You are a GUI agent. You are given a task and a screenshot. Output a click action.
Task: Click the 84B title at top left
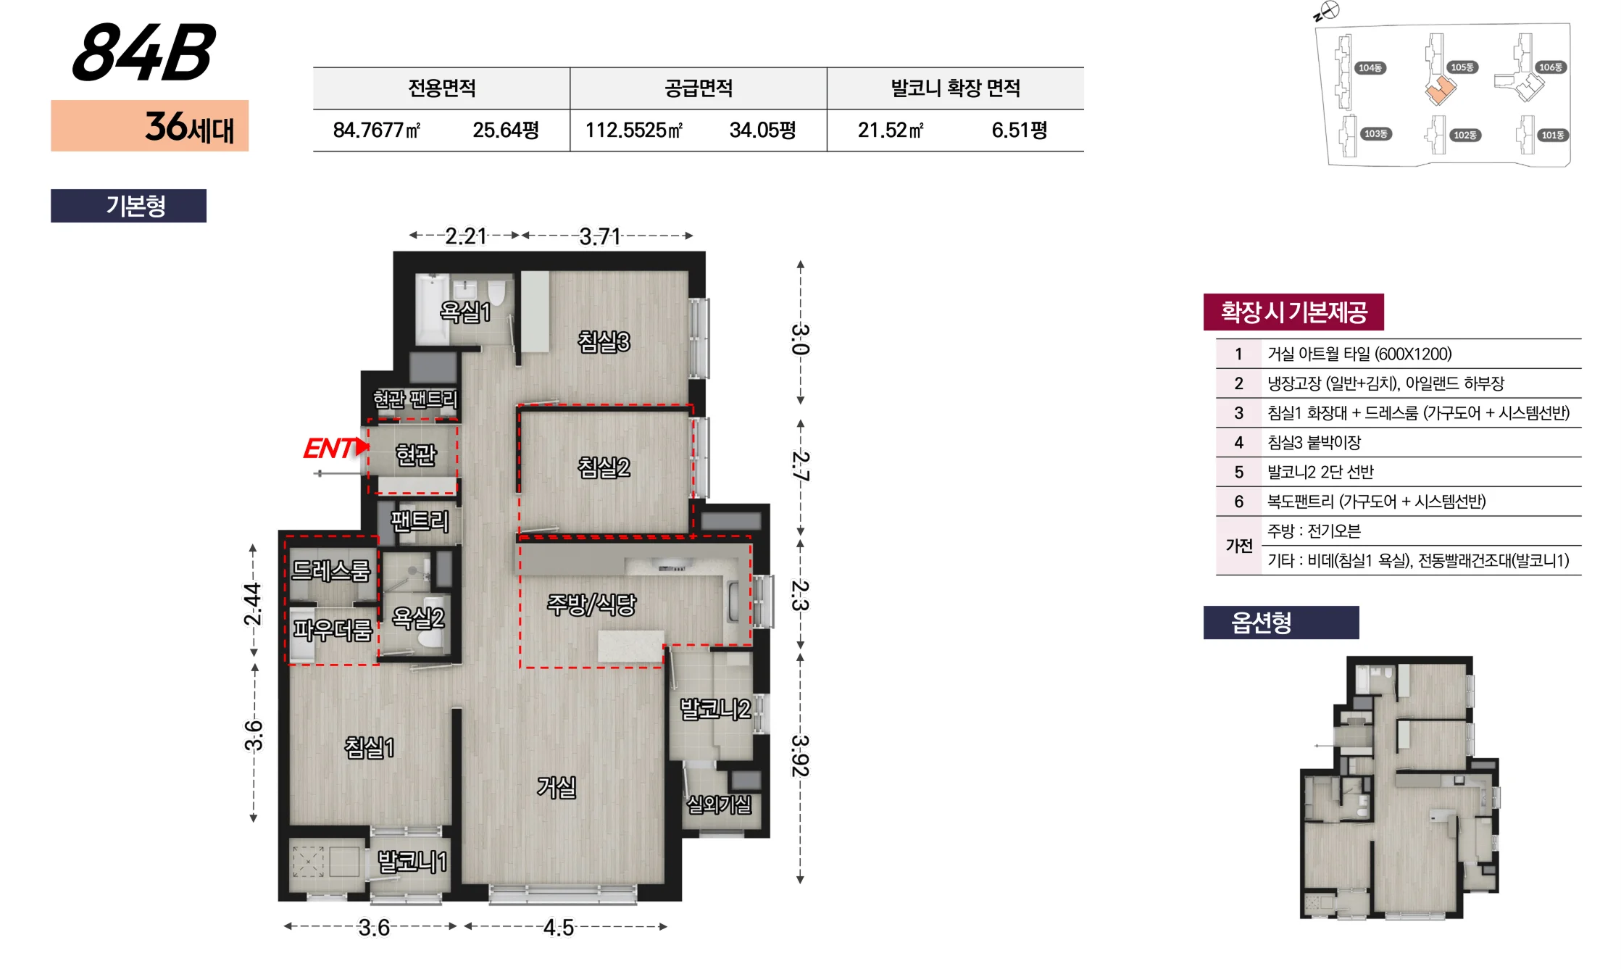(x=143, y=52)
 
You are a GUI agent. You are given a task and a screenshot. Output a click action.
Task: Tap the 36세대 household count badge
(x=149, y=126)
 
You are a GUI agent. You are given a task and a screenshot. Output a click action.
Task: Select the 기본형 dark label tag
(x=128, y=206)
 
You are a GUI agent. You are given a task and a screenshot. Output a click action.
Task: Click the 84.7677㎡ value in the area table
(x=377, y=130)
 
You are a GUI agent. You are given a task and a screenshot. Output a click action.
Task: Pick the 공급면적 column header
(x=699, y=88)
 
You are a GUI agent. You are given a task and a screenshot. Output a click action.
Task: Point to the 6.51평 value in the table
(x=1020, y=130)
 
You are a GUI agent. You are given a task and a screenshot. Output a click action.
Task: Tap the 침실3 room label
(x=604, y=341)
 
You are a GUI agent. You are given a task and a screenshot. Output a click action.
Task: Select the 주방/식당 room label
(x=591, y=604)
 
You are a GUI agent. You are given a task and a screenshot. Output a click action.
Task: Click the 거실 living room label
(x=557, y=787)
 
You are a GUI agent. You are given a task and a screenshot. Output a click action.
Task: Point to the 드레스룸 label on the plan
(x=330, y=571)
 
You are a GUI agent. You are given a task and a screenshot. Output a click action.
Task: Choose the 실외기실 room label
(x=719, y=804)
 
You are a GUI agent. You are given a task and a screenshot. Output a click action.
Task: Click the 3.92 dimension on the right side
(x=800, y=756)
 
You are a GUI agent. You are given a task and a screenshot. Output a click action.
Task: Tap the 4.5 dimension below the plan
(x=559, y=928)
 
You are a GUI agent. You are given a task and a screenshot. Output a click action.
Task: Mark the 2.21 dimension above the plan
(x=466, y=236)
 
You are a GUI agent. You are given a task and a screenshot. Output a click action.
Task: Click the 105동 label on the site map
(x=1462, y=67)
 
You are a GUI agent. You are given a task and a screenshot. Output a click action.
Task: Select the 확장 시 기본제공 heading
(x=1294, y=312)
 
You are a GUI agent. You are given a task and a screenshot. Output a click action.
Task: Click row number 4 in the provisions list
(x=1238, y=442)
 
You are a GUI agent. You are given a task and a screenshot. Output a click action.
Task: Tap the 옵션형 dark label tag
(x=1281, y=623)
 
